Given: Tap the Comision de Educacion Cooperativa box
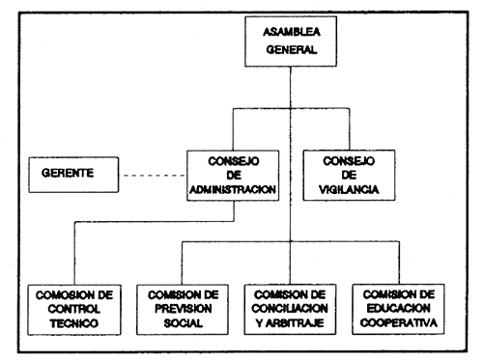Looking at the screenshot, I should click(x=396, y=307).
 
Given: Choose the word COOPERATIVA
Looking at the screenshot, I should click(x=396, y=323).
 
